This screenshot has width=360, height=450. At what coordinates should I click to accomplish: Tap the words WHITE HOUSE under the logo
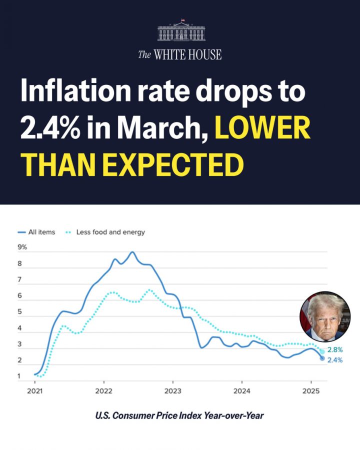(187, 54)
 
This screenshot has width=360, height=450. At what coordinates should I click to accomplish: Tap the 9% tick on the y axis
(23, 247)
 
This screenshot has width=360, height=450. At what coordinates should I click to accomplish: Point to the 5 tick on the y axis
(20, 312)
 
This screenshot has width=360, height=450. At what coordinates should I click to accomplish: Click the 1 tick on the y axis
(20, 376)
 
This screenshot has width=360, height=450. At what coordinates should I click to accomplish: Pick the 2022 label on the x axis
(103, 390)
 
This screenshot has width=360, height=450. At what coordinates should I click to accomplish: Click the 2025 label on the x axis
(310, 390)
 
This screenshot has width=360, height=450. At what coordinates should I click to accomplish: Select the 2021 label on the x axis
(35, 390)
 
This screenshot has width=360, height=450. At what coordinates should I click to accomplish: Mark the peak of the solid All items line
(132, 252)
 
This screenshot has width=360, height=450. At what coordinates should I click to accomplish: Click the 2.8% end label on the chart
(334, 350)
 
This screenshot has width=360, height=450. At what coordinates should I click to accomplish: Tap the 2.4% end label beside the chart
(334, 359)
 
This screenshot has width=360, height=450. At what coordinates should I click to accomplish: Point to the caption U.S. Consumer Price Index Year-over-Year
(180, 415)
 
